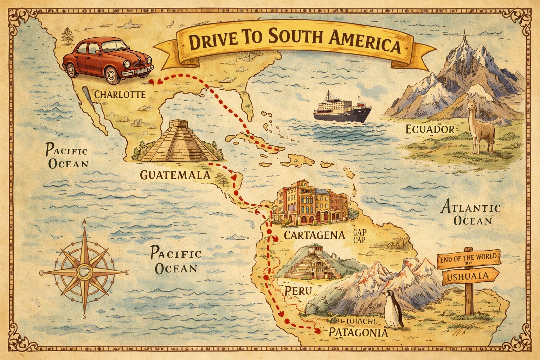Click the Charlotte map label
(120, 94)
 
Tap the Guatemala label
(175, 175)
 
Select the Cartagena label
(314, 235)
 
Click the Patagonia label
(358, 333)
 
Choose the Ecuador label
(430, 129)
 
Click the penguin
(393, 310)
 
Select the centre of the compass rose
(84, 272)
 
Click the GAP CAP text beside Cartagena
(359, 236)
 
